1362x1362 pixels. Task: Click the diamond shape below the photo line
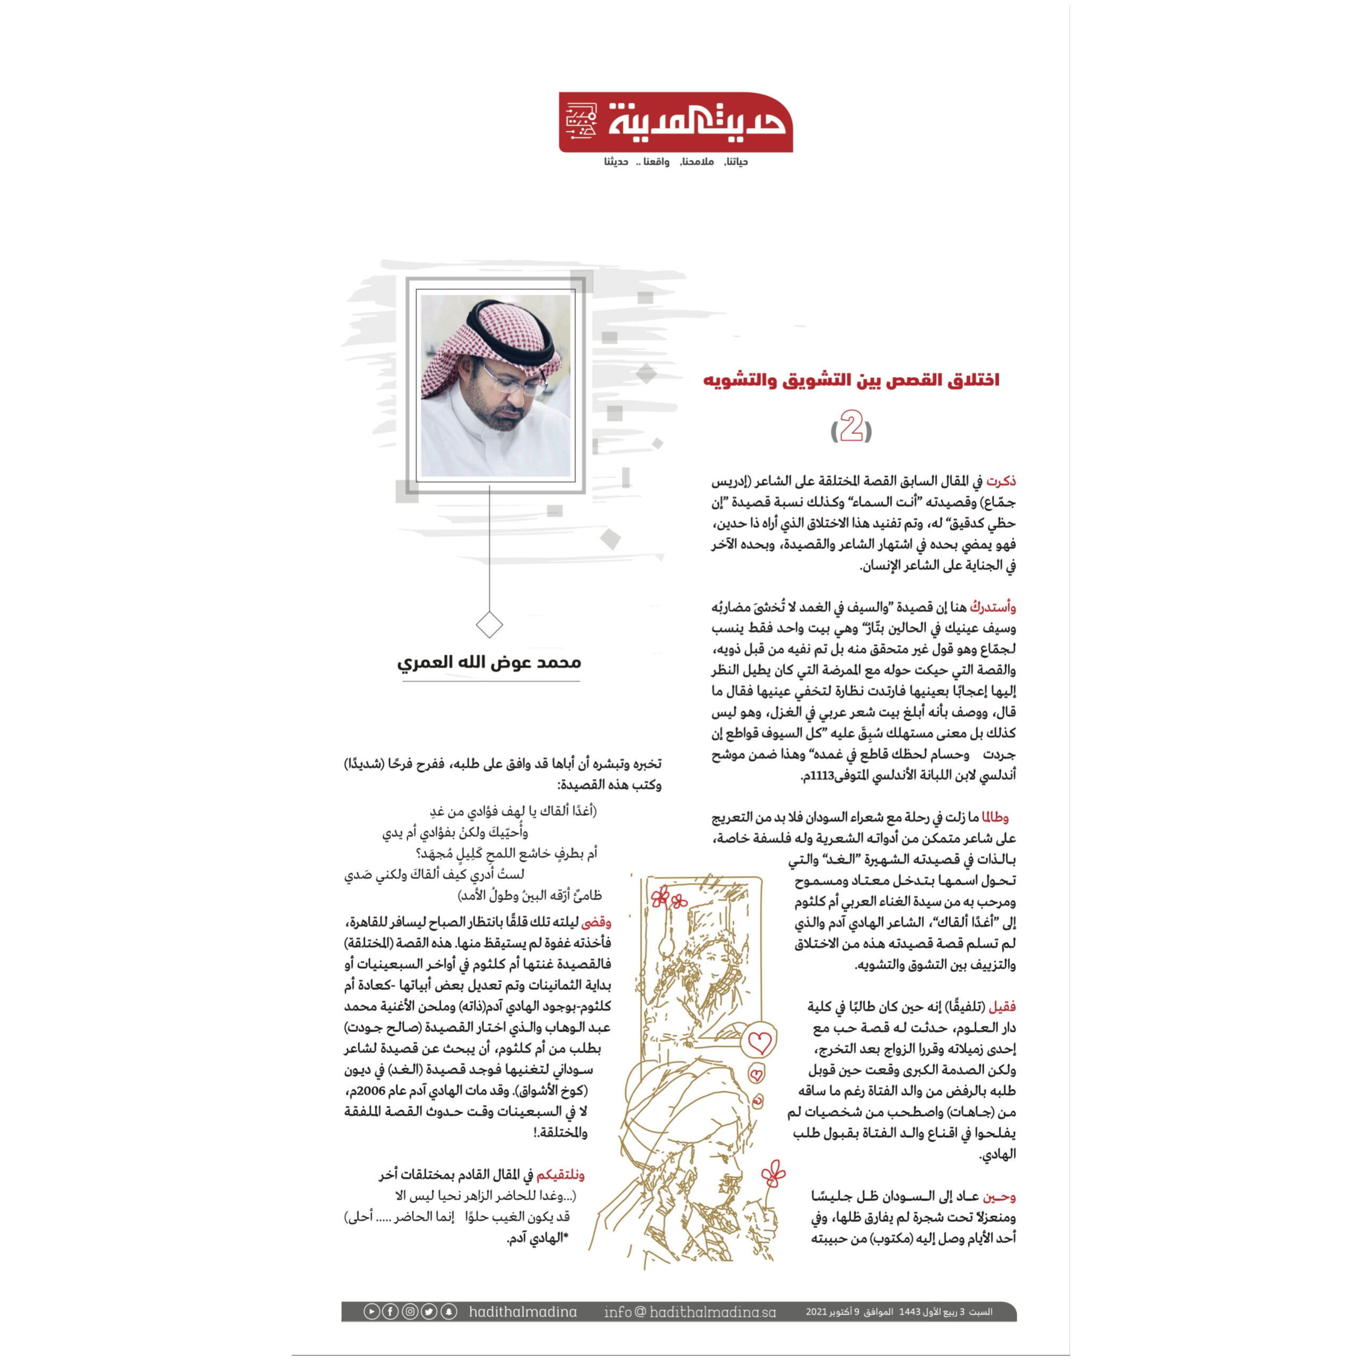coord(489,625)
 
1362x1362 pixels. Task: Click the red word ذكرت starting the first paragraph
coord(1001,481)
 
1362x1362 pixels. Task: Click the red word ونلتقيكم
coord(560,1175)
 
